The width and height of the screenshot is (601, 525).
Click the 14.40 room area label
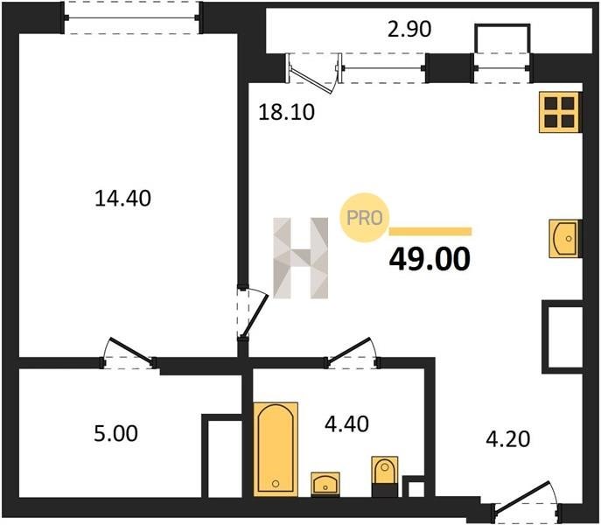pyautogui.click(x=122, y=199)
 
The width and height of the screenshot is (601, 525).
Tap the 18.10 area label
pyautogui.click(x=287, y=112)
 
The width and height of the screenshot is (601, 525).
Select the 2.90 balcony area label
pyautogui.click(x=409, y=29)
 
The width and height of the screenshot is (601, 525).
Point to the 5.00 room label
pyautogui.click(x=115, y=434)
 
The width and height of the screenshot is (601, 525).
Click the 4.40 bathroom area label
pyautogui.click(x=347, y=424)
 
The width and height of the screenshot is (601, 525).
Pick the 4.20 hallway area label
pyautogui.click(x=508, y=439)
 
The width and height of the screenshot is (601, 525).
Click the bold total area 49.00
pyautogui.click(x=430, y=259)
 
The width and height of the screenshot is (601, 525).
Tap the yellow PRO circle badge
pyautogui.click(x=365, y=218)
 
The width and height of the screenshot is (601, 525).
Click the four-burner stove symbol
pyautogui.click(x=560, y=112)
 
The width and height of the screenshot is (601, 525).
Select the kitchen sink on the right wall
pyautogui.click(x=565, y=238)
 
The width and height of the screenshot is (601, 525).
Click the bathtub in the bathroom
pyautogui.click(x=276, y=449)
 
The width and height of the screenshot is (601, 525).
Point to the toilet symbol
pyautogui.click(x=385, y=476)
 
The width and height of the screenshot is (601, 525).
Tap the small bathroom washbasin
pyautogui.click(x=325, y=484)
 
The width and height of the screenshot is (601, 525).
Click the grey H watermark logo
pyautogui.click(x=301, y=258)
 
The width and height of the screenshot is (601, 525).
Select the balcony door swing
pyautogui.click(x=313, y=73)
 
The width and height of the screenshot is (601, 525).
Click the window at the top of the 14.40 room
pyautogui.click(x=132, y=17)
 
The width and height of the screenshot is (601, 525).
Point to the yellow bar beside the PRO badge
pyautogui.click(x=430, y=231)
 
